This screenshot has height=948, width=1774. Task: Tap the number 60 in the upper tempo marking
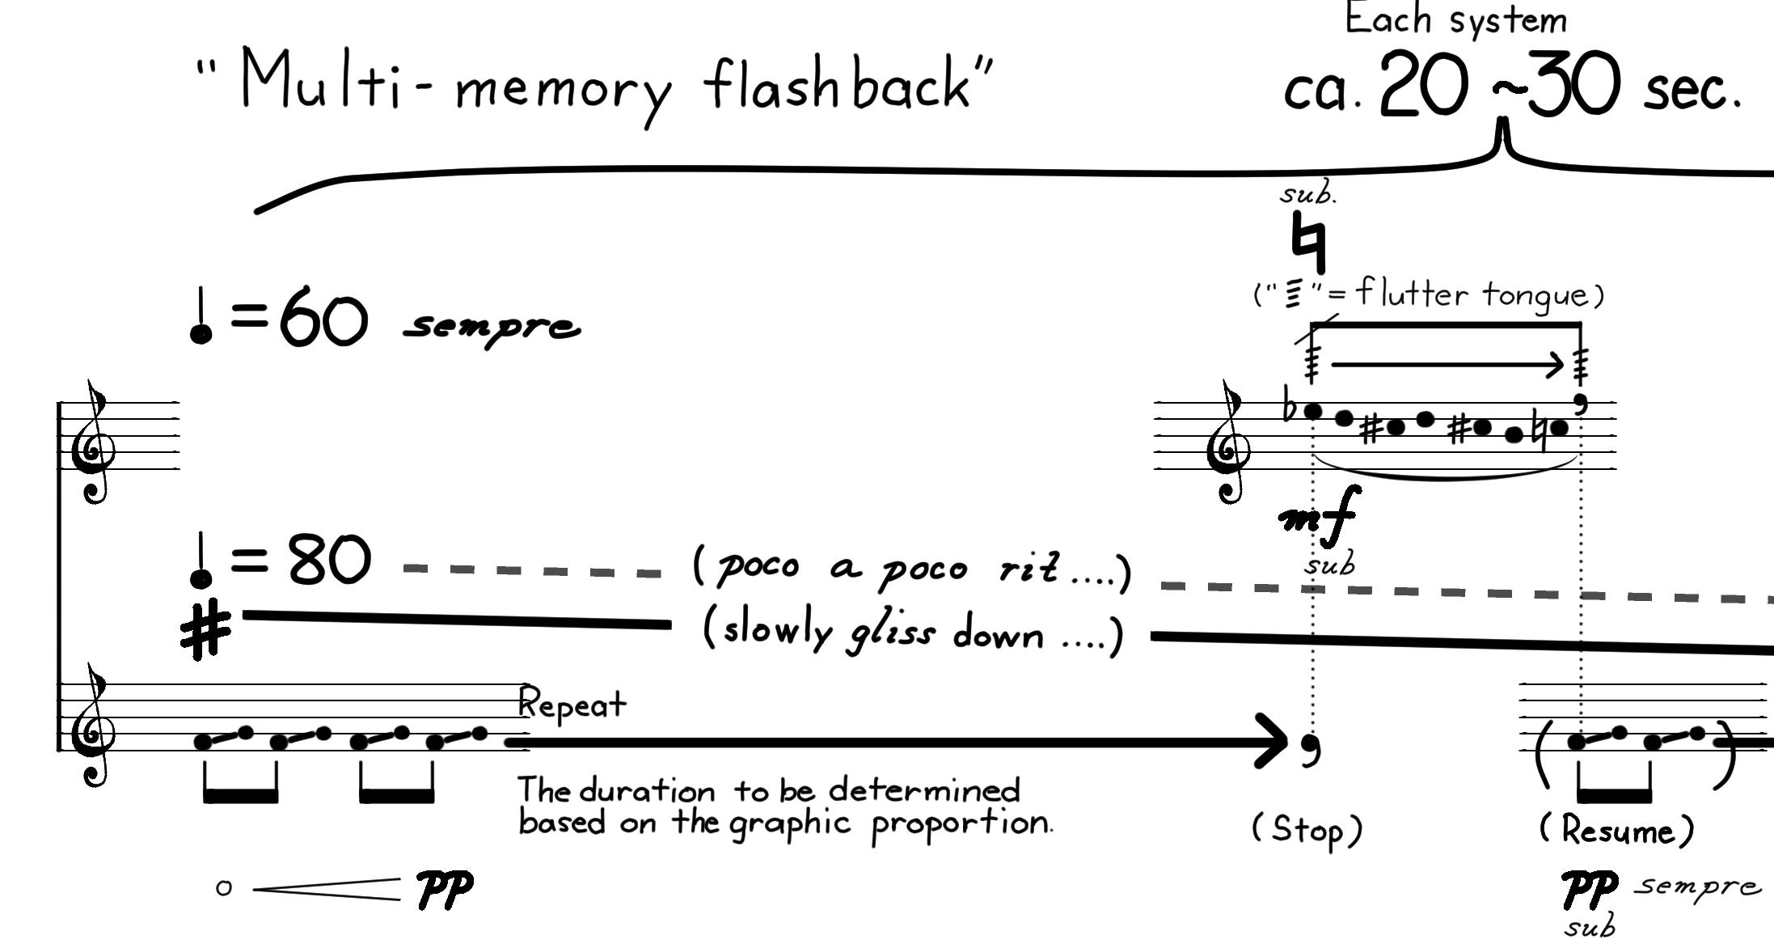click(323, 316)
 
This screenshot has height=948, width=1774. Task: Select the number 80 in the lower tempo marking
click(329, 560)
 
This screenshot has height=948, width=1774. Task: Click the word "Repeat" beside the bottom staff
click(572, 704)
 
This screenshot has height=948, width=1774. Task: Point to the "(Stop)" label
click(1307, 830)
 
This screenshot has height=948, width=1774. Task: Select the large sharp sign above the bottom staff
click(205, 630)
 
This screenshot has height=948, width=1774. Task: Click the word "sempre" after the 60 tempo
click(492, 327)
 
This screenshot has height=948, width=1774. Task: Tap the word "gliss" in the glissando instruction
click(891, 633)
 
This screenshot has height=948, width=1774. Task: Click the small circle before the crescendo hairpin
click(224, 888)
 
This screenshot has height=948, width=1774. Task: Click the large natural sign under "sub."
click(1308, 241)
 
